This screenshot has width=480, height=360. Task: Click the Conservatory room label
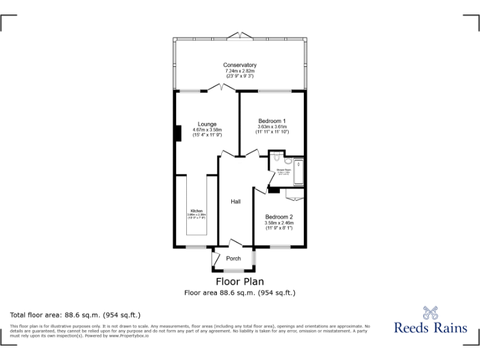(x=240, y=65)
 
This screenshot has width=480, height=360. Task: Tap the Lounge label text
(x=207, y=124)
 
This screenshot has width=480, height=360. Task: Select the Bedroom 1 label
(x=272, y=121)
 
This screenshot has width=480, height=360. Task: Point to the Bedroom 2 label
(x=279, y=216)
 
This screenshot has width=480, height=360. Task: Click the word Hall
(x=236, y=202)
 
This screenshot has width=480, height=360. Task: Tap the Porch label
(x=233, y=259)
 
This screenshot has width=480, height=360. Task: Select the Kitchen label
(x=196, y=211)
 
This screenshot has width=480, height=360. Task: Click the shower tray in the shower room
(x=298, y=173)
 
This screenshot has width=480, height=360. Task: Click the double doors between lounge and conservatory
(x=219, y=90)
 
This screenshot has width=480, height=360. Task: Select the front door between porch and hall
(x=234, y=244)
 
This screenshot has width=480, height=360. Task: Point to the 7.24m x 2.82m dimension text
(x=240, y=71)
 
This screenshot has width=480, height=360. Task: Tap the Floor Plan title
(x=240, y=282)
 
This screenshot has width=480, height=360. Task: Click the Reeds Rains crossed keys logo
(x=431, y=312)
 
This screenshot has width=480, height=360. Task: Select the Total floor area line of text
(x=76, y=314)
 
